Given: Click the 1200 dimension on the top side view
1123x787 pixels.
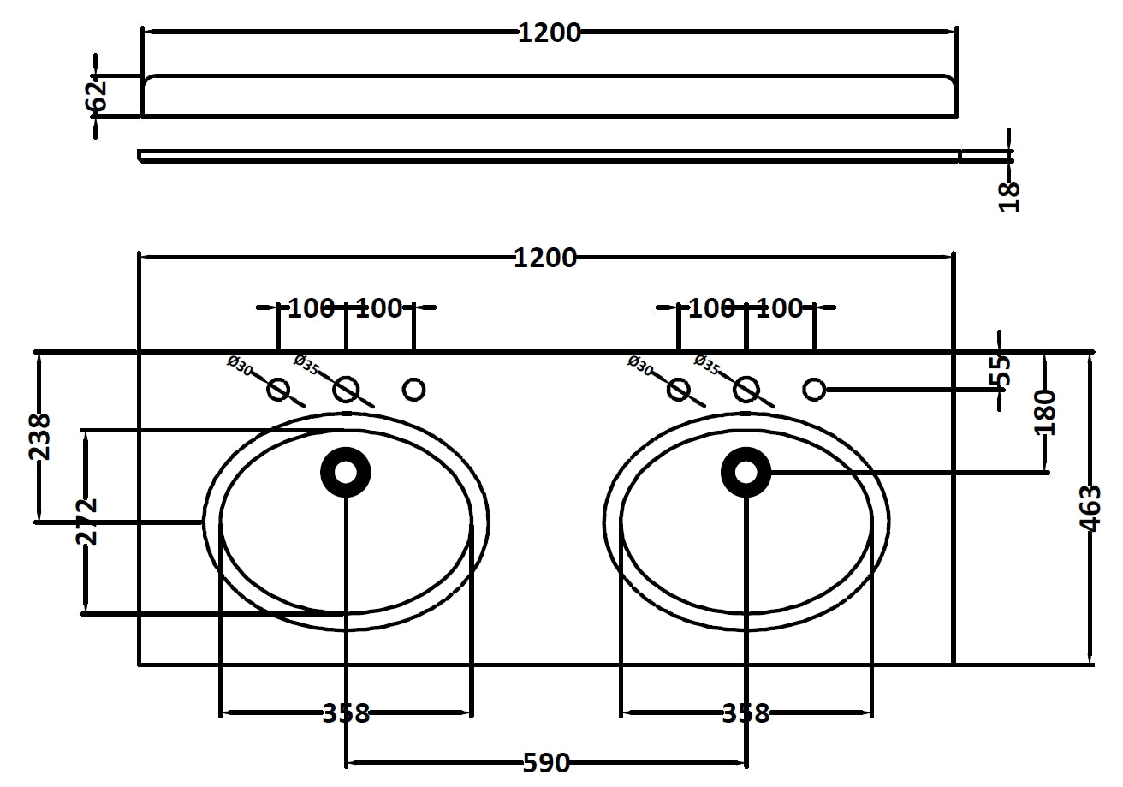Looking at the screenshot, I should pyautogui.click(x=549, y=33).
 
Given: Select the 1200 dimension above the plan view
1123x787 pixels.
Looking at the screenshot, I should pyautogui.click(x=545, y=258).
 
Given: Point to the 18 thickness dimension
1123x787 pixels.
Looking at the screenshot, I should pyautogui.click(x=1010, y=195).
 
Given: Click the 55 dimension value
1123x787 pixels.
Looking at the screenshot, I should pyautogui.click(x=1000, y=371).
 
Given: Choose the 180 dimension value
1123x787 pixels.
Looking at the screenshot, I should pyautogui.click(x=1044, y=412).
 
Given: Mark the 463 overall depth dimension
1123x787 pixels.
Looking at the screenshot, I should pyautogui.click(x=1090, y=508).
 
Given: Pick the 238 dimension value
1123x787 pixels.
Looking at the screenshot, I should pyautogui.click(x=40, y=437).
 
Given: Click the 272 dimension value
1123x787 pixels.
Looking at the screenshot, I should pyautogui.click(x=86, y=521).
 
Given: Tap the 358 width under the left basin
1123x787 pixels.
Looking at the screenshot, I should pyautogui.click(x=346, y=712).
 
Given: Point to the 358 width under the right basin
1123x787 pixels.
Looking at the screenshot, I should pyautogui.click(x=746, y=712).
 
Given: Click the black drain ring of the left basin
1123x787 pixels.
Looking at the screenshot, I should pyautogui.click(x=346, y=472).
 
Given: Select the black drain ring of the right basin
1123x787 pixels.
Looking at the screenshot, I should pyautogui.click(x=746, y=472).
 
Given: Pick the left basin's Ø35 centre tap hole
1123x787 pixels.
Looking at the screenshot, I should pyautogui.click(x=346, y=390).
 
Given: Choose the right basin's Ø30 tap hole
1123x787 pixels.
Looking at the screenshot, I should pyautogui.click(x=679, y=390).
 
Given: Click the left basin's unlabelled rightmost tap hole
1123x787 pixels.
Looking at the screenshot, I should pyautogui.click(x=413, y=390).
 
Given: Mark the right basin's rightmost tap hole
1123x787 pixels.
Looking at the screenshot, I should pyautogui.click(x=814, y=390).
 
